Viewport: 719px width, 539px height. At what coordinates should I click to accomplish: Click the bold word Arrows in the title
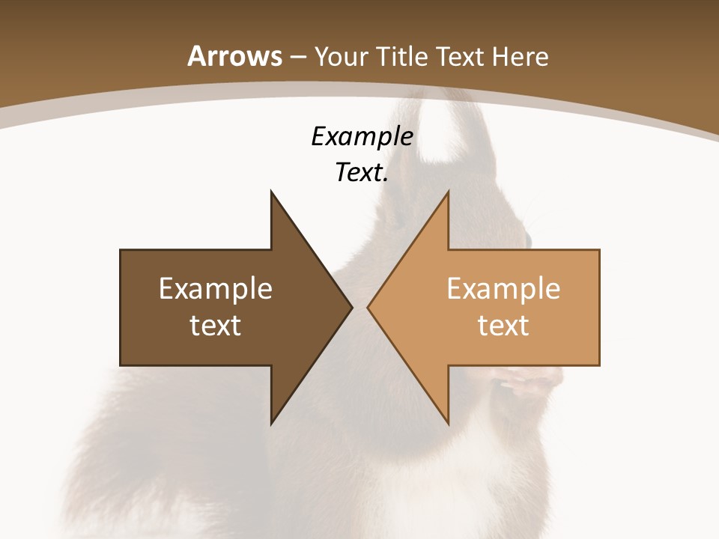tap(235, 56)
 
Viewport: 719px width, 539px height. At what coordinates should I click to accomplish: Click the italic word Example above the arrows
tap(362, 137)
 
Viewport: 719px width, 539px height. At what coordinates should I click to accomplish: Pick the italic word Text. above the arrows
tap(362, 173)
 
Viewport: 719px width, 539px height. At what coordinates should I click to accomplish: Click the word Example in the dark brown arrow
tap(216, 288)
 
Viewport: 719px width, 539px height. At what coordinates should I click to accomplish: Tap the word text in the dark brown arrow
tap(216, 326)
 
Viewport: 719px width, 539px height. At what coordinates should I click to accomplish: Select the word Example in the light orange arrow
tap(503, 288)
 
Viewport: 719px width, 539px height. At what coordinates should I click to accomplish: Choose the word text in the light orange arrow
tap(503, 326)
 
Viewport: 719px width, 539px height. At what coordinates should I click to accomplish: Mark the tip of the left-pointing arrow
tap(368, 307)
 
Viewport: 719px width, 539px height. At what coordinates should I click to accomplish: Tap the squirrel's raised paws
tap(528, 382)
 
